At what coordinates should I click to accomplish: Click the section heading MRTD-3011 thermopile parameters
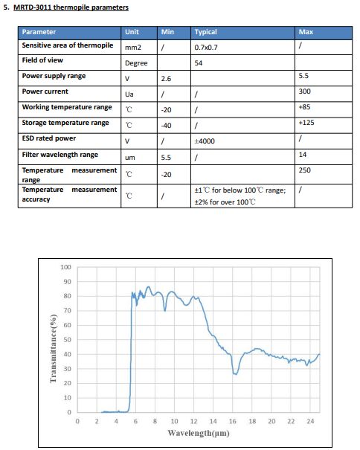click(71, 7)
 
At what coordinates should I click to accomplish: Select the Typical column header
click(205, 32)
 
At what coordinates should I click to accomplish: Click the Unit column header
click(132, 32)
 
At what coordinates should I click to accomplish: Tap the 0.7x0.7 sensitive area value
click(206, 48)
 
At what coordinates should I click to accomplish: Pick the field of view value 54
click(199, 62)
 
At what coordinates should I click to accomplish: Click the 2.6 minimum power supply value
click(166, 79)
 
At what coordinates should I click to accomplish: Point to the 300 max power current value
click(305, 91)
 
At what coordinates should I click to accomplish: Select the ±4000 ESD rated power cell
click(205, 141)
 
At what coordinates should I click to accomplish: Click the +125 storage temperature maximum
click(306, 123)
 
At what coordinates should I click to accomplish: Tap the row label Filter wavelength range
click(60, 155)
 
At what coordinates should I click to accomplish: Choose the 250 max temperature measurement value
click(305, 170)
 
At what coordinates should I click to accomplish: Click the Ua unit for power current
click(129, 94)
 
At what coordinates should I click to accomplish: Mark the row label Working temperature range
click(67, 107)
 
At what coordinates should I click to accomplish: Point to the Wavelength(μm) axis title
click(199, 433)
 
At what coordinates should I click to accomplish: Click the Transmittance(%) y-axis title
click(53, 349)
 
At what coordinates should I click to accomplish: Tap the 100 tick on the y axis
click(65, 267)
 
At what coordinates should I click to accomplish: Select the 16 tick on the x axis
click(233, 421)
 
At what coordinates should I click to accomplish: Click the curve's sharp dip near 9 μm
click(165, 310)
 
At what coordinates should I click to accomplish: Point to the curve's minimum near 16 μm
click(235, 374)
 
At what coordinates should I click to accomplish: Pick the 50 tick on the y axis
click(67, 340)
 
